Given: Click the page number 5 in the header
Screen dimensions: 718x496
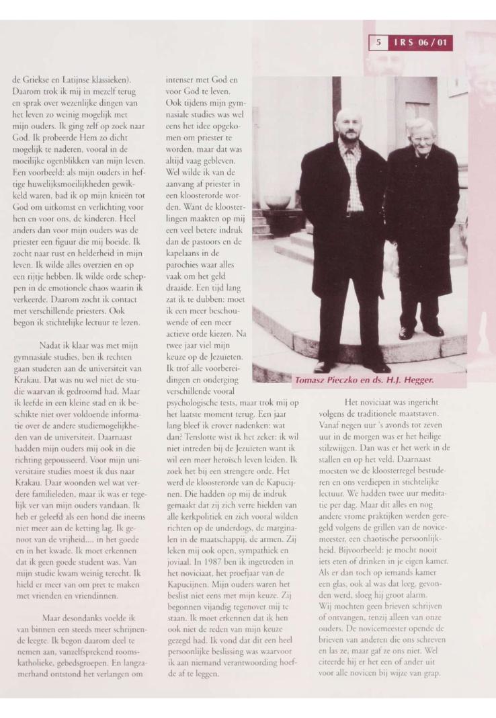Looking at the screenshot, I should pyautogui.click(x=378, y=44).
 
